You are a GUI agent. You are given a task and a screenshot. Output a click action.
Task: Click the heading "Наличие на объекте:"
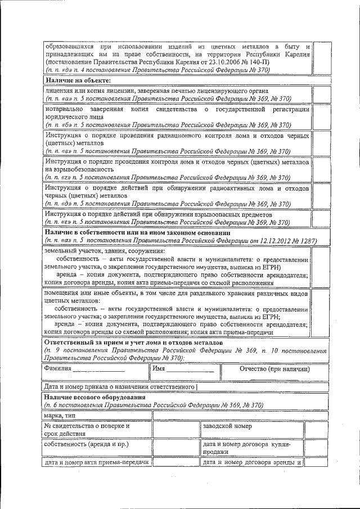tap(77, 80)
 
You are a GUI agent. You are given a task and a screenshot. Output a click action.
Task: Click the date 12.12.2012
tap(273, 241)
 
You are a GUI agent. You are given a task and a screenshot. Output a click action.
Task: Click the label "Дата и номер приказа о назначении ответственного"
tap(120, 386)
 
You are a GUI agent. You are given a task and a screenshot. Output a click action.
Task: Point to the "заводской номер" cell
tap(227, 426)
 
